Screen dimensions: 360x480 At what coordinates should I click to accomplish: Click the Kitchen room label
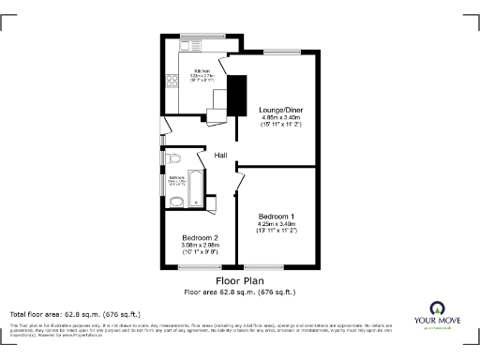pos(200,71)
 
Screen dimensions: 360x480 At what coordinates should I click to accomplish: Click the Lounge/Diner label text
pos(278,110)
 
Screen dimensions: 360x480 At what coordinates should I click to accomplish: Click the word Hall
pos(221,156)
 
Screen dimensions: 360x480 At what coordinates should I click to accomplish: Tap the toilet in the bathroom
pos(174,157)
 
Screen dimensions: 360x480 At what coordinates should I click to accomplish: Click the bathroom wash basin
pos(175,201)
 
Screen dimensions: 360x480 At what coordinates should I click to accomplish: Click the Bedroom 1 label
pos(277,216)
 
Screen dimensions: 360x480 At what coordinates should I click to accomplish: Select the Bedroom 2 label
pos(200,238)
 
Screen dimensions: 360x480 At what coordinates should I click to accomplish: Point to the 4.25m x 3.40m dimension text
pos(277,224)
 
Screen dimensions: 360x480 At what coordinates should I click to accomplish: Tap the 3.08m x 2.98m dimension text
pos(200,246)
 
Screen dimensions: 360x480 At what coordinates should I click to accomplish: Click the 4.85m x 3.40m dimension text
pos(278,117)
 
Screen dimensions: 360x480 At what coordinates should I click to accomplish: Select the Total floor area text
pos(75,314)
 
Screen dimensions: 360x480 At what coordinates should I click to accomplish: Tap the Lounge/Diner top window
pos(278,53)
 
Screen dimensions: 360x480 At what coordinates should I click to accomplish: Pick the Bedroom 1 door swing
pos(239,178)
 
